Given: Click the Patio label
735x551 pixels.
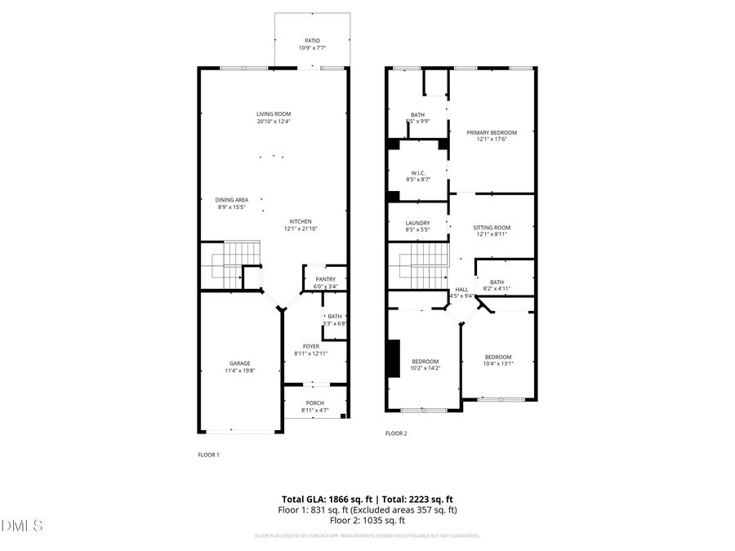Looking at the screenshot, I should pos(313,40).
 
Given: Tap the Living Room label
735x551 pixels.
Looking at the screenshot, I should pos(274,114).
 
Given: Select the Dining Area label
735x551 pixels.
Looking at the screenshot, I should pos(232,200).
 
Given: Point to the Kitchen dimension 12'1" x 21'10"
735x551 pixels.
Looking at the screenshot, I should pos(301,229).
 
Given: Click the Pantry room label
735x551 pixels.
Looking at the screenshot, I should pos(325,280).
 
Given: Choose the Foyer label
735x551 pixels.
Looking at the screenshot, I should pos(311,346).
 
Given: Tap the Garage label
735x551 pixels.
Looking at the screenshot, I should pos(240,363).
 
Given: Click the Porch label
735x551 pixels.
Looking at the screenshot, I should pos(314,403).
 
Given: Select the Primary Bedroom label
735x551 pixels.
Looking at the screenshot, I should pos(492,132).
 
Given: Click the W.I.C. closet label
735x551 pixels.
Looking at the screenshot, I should pos(417,173).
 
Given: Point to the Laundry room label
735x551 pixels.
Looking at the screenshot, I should pos(417,224).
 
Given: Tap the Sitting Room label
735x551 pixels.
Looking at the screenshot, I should pos(492,228).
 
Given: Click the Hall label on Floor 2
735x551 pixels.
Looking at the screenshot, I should pos(461,289).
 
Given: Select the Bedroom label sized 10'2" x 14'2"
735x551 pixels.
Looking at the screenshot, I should pos(425,362).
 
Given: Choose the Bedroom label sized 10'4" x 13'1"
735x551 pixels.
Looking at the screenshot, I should pos(498,357).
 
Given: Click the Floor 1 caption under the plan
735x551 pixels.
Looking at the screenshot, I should pos(209,455).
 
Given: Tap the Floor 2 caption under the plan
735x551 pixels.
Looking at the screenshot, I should pos(396,433).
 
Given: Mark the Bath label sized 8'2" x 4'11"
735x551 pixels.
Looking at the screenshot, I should pos(497,282).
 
